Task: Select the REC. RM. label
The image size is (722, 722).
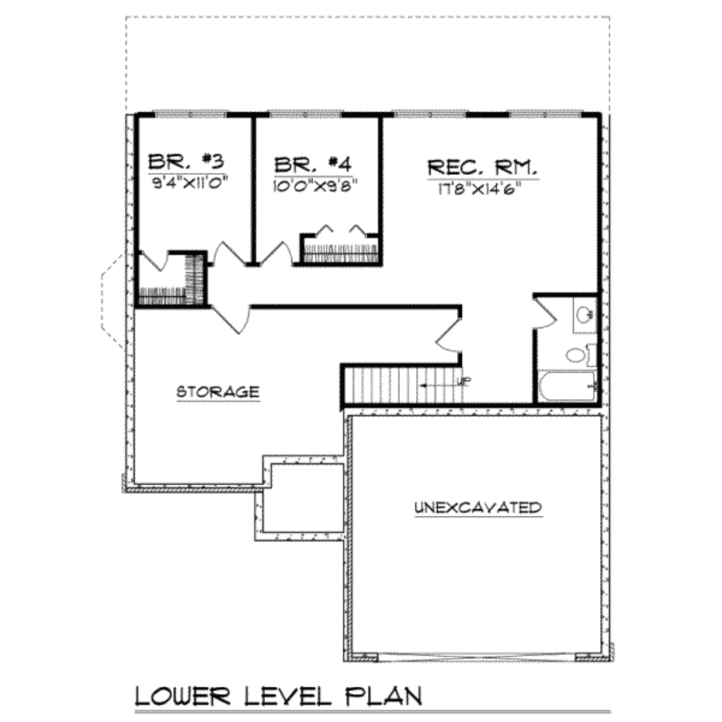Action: (x=483, y=168)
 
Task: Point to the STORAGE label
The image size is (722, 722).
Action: (x=218, y=391)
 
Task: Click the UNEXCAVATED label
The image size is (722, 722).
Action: (x=478, y=508)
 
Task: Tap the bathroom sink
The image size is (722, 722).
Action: (x=585, y=314)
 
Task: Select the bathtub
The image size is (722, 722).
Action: (x=567, y=386)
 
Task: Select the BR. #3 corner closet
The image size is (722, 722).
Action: (x=171, y=280)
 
